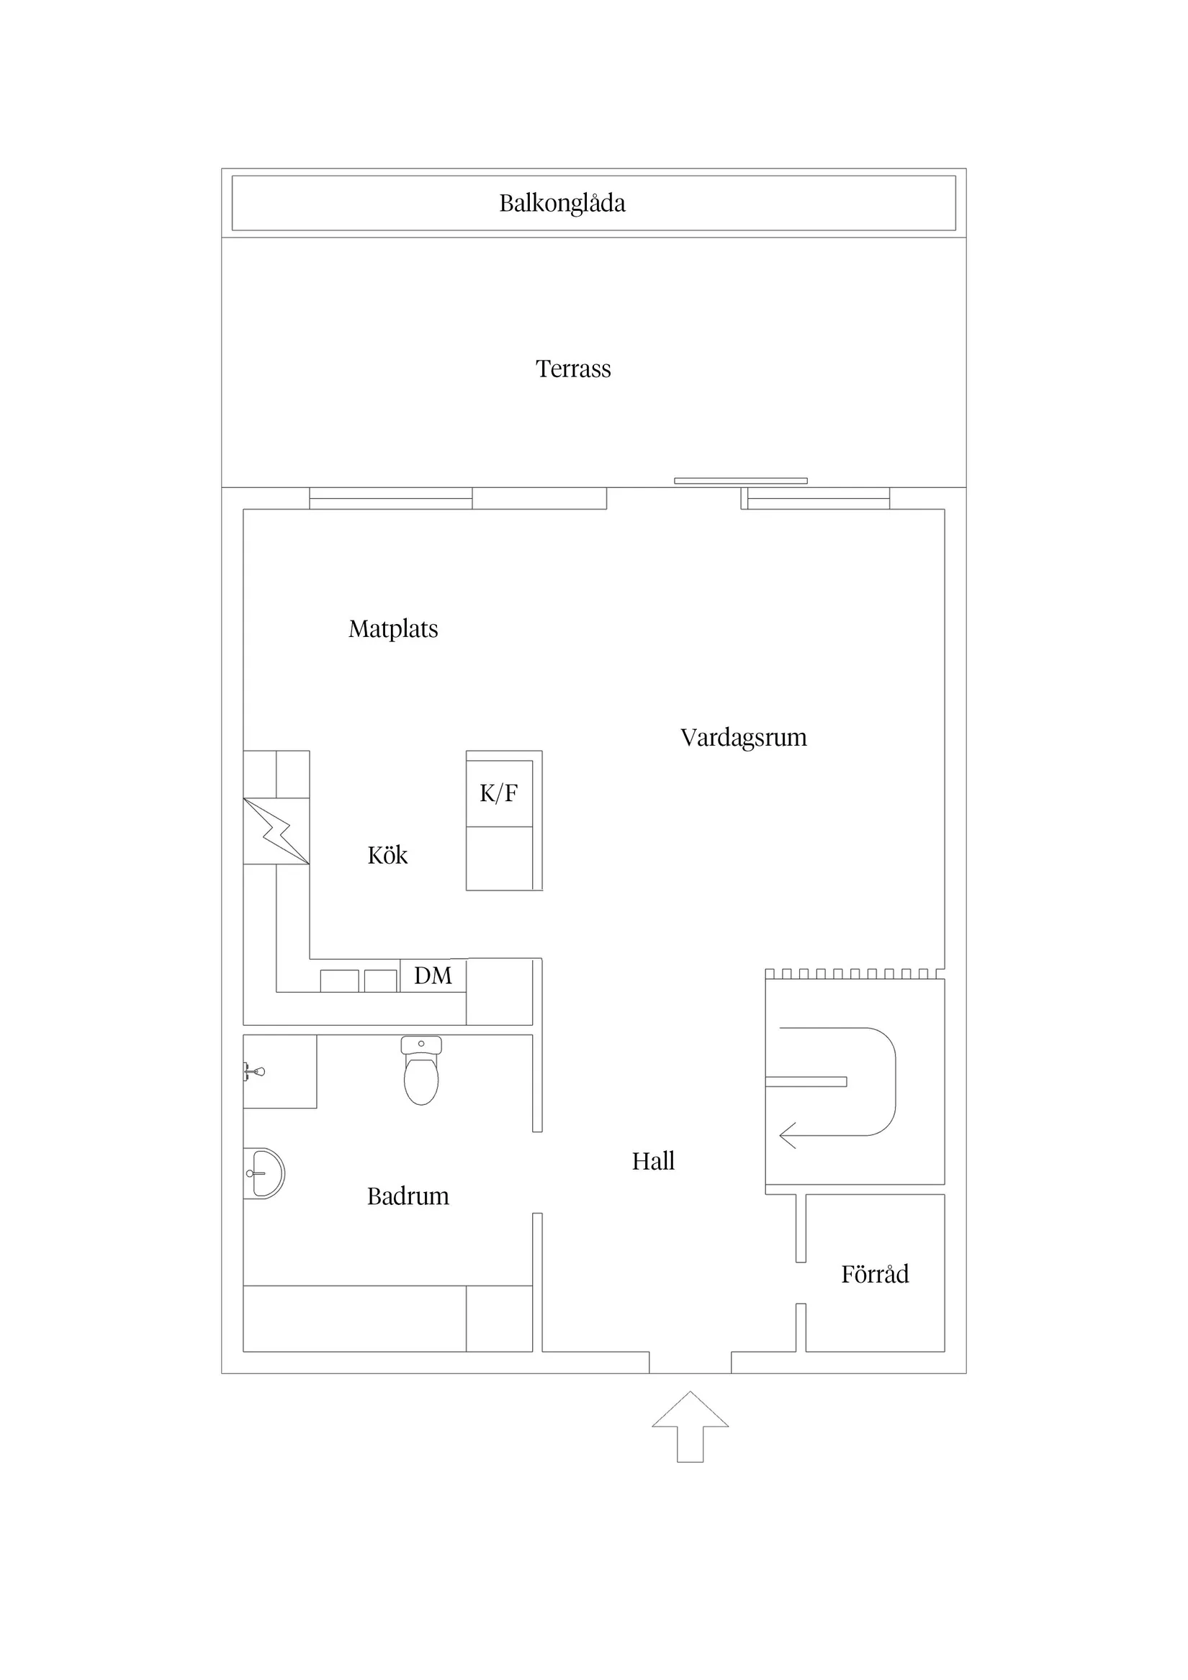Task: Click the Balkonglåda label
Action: point(562,204)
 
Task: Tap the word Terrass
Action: point(573,369)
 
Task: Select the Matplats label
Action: point(393,629)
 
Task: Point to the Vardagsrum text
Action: point(743,738)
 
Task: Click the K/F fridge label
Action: point(498,793)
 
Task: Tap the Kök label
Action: point(387,855)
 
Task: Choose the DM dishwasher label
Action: point(433,975)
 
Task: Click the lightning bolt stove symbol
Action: point(276,831)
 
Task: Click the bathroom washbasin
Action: point(264,1174)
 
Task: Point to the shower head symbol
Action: point(255,1072)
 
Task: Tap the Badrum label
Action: point(408,1196)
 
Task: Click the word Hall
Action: point(653,1161)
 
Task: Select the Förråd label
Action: point(875,1275)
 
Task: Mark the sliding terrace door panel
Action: point(740,481)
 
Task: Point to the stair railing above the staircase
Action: point(854,974)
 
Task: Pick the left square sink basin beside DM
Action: point(340,980)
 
